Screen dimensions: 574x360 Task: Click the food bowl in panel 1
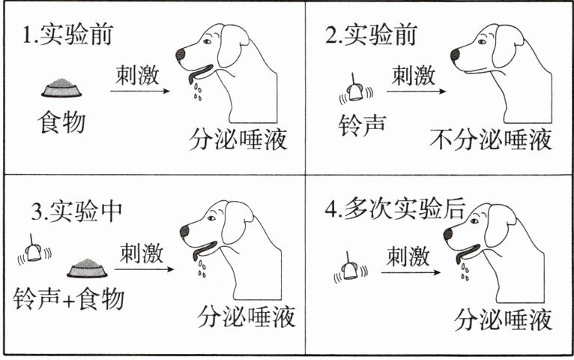[x=61, y=88]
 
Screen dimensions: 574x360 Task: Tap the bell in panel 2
[x=356, y=90]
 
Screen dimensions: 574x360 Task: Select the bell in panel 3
[x=34, y=250]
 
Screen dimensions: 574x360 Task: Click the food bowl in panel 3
[x=87, y=268]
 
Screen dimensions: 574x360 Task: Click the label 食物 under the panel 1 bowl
[x=61, y=122]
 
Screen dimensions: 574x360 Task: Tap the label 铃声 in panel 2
[x=362, y=125]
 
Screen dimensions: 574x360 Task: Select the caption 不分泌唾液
[x=491, y=139]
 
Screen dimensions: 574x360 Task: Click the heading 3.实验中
[x=76, y=211]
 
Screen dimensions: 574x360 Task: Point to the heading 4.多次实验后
[x=395, y=208]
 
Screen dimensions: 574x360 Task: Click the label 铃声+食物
[x=69, y=298]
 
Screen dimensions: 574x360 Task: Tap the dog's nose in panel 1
[x=181, y=55]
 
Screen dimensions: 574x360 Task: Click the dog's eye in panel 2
[x=482, y=42]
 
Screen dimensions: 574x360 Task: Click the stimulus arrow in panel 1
[x=140, y=91]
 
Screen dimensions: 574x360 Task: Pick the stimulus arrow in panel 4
[x=411, y=272]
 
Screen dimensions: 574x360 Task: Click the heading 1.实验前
[x=67, y=34]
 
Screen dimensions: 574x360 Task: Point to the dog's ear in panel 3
[x=238, y=223]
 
